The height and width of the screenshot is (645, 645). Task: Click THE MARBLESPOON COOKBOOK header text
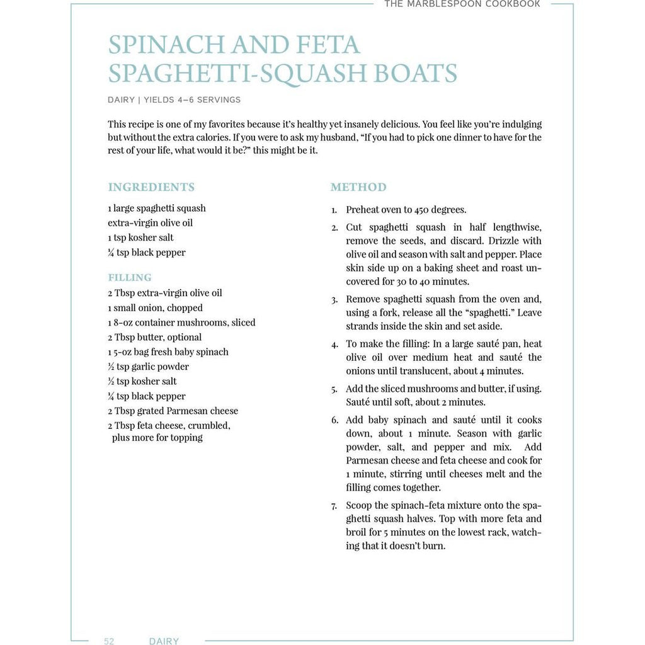(x=462, y=4)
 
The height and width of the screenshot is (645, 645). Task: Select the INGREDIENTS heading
(x=151, y=187)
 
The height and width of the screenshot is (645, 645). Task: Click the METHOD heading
(x=358, y=187)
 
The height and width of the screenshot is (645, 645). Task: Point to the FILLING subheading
(x=130, y=277)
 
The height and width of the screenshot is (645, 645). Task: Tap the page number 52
(x=109, y=641)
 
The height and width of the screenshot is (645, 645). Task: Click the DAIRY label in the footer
(x=164, y=641)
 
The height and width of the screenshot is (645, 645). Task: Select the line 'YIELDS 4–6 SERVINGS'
(x=192, y=100)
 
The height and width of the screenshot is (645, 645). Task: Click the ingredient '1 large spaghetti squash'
(x=157, y=208)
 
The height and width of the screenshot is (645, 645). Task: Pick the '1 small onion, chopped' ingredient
(x=155, y=308)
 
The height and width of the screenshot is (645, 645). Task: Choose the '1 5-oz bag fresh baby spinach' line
(x=168, y=352)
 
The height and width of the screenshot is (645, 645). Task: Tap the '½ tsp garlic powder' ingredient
(x=149, y=367)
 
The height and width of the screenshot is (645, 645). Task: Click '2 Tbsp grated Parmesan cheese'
(x=173, y=411)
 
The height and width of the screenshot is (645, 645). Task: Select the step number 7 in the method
(x=334, y=506)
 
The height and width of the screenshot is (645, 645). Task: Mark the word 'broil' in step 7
(x=357, y=532)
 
